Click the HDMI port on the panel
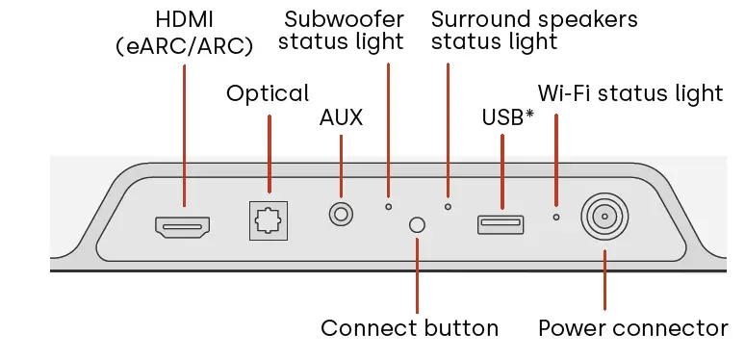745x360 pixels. pyautogui.click(x=182, y=227)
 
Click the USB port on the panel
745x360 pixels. pyautogui.click(x=501, y=224)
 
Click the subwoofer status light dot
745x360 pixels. pyautogui.click(x=389, y=205)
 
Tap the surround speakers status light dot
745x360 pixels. pyautogui.click(x=448, y=205)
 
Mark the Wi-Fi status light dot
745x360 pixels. pyautogui.click(x=555, y=217)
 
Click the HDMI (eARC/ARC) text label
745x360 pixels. pyautogui.click(x=182, y=32)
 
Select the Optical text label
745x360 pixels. pyautogui.click(x=268, y=93)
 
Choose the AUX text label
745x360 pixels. pyautogui.click(x=341, y=118)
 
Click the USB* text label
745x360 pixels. pyautogui.click(x=507, y=118)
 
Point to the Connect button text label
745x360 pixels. pyautogui.click(x=409, y=328)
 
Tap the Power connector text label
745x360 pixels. pyautogui.click(x=632, y=328)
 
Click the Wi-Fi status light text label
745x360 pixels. pyautogui.click(x=629, y=93)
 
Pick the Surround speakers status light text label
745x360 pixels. pyautogui.click(x=534, y=30)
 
